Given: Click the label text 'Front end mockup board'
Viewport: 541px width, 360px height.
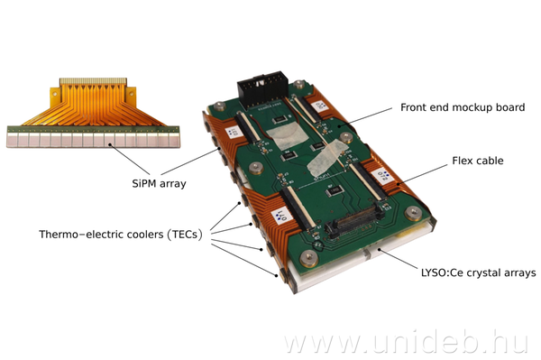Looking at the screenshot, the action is point(463,107).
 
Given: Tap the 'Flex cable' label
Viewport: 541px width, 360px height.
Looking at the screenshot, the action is point(478,161).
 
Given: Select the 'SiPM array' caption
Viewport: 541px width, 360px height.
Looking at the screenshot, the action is point(159,183).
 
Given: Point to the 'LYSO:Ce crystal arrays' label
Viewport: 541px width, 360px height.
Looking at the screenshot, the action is point(478,272).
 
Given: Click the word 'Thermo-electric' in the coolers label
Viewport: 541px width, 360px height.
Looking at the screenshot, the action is point(101,235).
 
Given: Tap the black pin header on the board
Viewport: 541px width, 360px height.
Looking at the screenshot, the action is point(262,90).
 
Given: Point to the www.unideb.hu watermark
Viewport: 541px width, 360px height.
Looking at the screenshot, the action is point(406,342).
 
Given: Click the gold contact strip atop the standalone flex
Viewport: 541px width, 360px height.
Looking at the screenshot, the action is point(93,82).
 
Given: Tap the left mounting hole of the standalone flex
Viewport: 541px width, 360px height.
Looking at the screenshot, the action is point(54,93).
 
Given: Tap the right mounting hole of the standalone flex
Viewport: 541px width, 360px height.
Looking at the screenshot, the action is point(131,93).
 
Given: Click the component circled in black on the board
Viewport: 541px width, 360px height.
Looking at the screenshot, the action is point(319,245).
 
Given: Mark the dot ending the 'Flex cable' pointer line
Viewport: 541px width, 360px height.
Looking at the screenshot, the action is point(399,184).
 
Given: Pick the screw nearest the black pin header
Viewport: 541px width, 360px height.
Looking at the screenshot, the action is point(299,84).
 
